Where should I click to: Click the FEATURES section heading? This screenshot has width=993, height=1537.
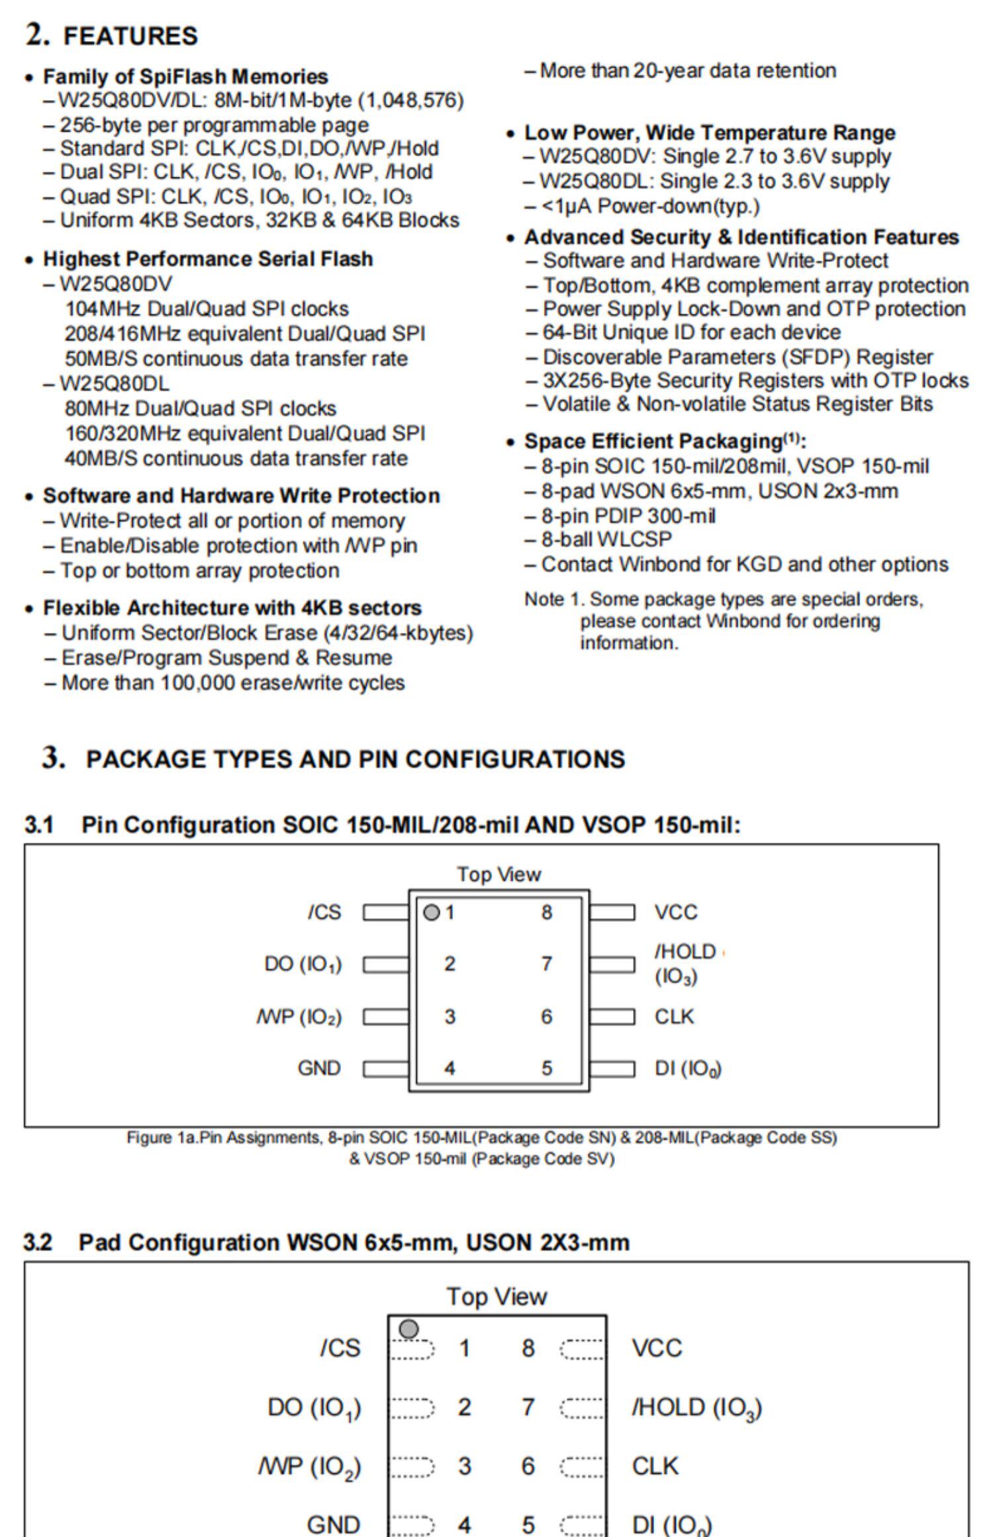[130, 36]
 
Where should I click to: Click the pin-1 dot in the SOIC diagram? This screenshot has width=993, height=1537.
[431, 913]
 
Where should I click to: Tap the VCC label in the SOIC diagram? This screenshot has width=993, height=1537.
[676, 912]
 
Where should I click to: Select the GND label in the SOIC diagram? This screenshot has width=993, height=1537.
[319, 1068]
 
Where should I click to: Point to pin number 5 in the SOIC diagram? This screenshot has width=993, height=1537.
[547, 1068]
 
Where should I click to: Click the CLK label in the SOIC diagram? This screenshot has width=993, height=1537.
[674, 1016]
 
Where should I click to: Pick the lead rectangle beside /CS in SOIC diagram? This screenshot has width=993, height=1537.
[386, 913]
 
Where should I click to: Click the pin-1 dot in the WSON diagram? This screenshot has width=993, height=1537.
[409, 1328]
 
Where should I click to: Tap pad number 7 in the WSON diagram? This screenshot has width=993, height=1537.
[528, 1407]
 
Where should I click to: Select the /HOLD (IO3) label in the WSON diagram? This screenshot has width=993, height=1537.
[696, 1407]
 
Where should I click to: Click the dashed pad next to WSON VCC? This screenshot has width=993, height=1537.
[583, 1349]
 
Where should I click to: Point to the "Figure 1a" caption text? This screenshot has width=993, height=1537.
[482, 1137]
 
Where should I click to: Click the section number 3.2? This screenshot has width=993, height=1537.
[38, 1242]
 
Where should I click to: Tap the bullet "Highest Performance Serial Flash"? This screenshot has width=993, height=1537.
[207, 259]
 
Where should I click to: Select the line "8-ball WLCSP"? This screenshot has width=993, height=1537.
[606, 539]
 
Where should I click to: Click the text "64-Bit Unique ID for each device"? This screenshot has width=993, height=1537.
[691, 332]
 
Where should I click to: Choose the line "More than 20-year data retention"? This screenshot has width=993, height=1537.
[687, 71]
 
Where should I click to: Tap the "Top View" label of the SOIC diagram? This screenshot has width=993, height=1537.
[498, 874]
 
